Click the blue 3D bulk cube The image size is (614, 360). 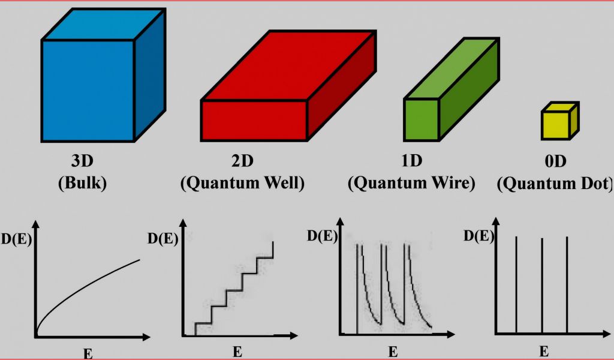(x=89, y=90)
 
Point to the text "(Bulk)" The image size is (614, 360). (x=83, y=182)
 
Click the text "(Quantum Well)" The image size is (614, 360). (x=242, y=182)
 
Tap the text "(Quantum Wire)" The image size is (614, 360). (x=411, y=182)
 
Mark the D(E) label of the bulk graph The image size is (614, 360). (x=16, y=241)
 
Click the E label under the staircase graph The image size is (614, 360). (x=237, y=352)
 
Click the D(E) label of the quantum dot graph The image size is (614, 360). (x=478, y=236)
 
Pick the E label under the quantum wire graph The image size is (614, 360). (x=393, y=352)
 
